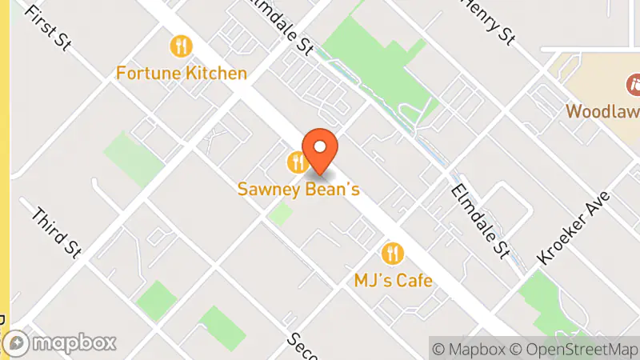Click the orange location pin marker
point(320,150)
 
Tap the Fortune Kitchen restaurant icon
point(182,46)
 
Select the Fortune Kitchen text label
point(182,74)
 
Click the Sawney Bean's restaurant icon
point(298,163)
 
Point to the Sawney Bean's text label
point(298,190)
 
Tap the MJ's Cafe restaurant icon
point(393,254)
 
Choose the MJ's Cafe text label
point(393,281)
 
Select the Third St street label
point(57,233)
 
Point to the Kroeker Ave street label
point(574,228)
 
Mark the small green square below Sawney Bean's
point(280,214)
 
